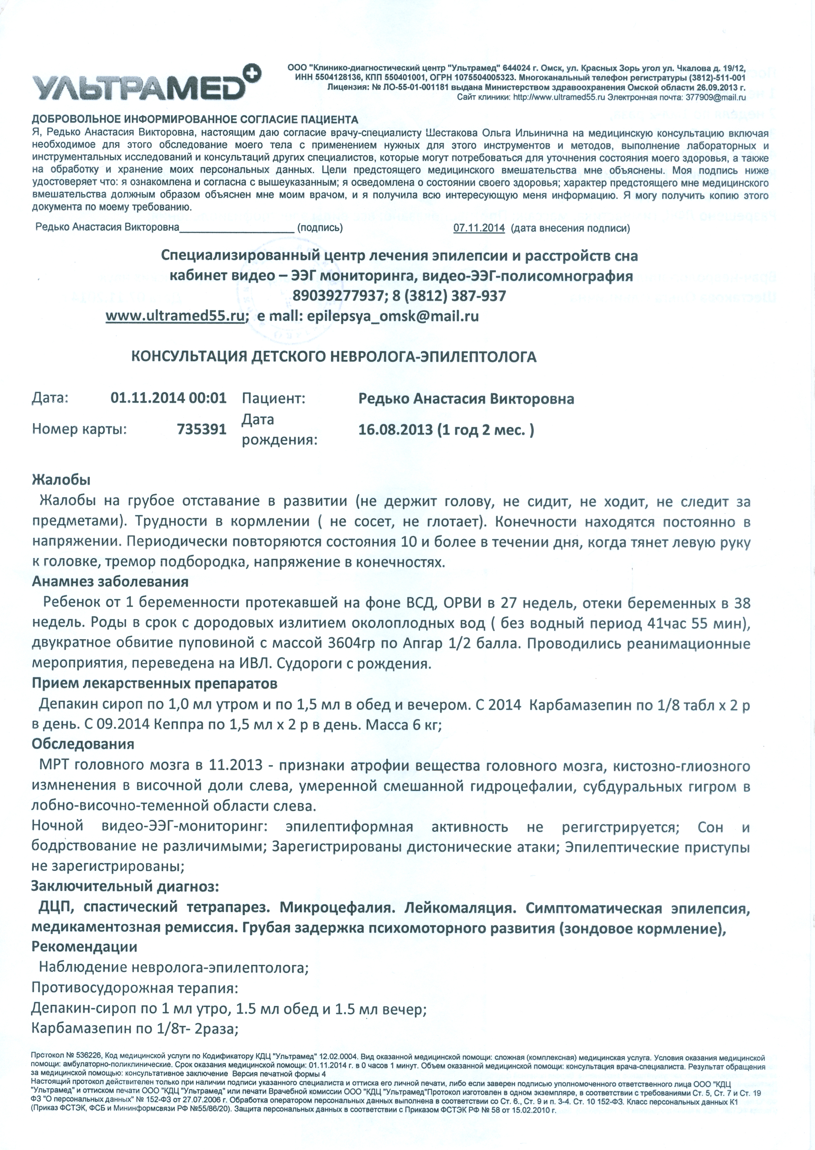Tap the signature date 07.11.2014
[x=479, y=228]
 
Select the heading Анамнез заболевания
[x=110, y=582]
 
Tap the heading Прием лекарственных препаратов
[x=154, y=684]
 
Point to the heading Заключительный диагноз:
[x=125, y=887]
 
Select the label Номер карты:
[x=79, y=429]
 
